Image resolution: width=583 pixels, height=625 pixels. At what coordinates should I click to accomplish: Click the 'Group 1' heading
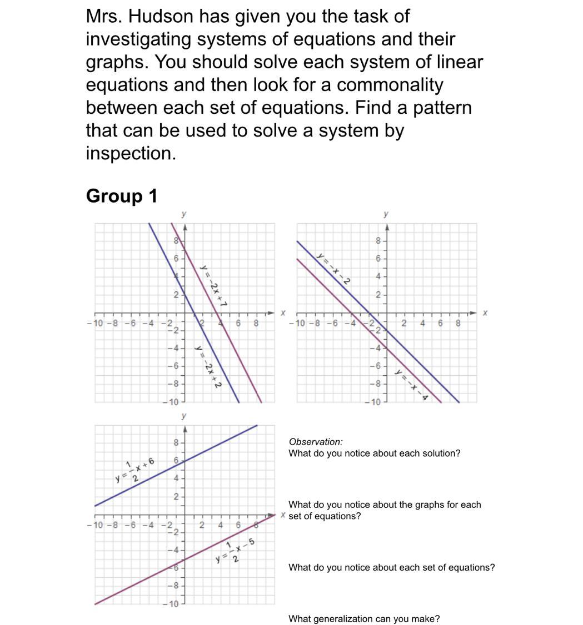(122, 196)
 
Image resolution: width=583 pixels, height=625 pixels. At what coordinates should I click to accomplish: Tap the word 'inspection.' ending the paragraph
(131, 153)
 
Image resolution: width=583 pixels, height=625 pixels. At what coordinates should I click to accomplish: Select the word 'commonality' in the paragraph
(390, 85)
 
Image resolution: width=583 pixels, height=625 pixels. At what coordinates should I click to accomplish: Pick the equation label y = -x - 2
(333, 269)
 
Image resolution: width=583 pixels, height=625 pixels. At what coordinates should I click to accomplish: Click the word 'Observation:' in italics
(316, 442)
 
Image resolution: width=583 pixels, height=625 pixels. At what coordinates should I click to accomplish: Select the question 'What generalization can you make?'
(364, 619)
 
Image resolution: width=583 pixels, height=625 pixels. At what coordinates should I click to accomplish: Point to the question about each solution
(374, 453)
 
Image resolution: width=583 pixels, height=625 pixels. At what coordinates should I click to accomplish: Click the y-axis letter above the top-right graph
(386, 214)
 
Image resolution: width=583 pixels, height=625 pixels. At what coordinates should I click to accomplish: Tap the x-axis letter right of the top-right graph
(485, 313)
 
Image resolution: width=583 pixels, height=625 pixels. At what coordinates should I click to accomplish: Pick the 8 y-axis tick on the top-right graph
(378, 241)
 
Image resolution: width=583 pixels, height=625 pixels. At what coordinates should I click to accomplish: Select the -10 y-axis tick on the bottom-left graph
(172, 604)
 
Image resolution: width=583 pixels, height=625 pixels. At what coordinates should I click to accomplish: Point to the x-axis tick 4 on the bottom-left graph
(220, 525)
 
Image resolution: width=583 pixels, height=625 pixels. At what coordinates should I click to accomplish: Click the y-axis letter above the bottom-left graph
(184, 416)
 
